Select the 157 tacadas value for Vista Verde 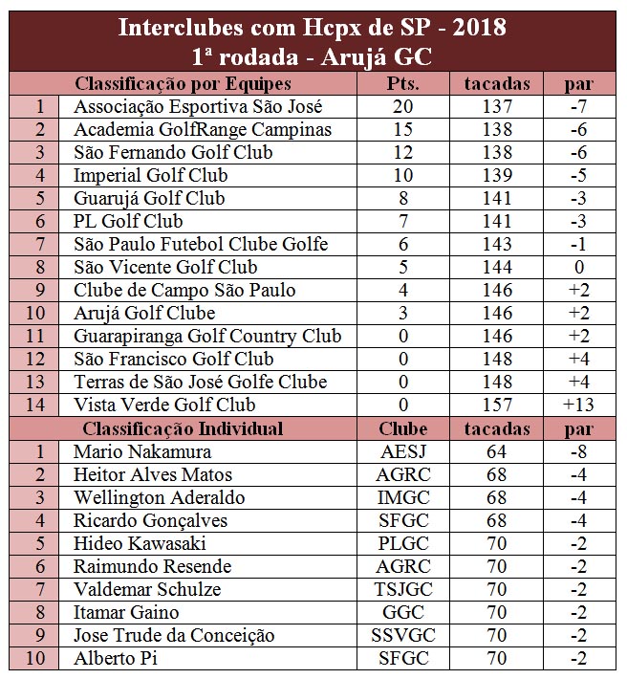496,405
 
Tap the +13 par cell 577,405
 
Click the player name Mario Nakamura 142,450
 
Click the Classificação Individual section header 183,427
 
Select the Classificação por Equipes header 183,83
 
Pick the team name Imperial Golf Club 151,175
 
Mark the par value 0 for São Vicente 577,267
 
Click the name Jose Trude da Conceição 174,635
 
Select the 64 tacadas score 496,450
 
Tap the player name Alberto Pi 116,658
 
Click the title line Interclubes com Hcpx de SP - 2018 313,28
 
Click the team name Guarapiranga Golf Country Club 207,336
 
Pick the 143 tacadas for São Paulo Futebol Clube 496,244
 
